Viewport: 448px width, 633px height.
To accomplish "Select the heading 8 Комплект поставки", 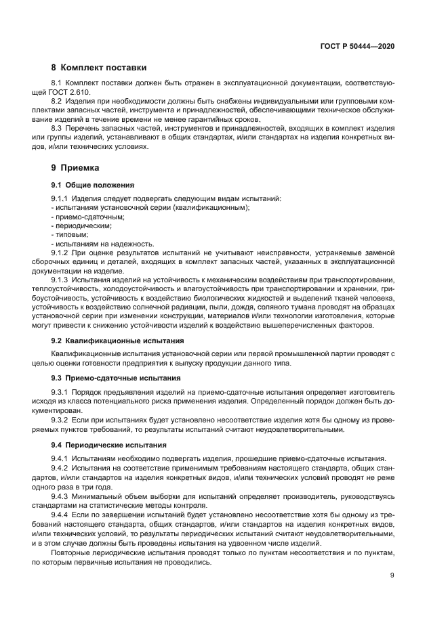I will [x=99, y=68].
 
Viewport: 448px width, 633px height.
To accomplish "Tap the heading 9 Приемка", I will [x=75, y=167].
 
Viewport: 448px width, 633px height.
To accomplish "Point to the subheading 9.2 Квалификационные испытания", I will [x=117, y=341].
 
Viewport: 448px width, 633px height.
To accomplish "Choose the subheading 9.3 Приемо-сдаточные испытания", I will [x=116, y=377].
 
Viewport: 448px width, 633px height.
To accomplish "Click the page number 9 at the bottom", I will [x=392, y=575].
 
